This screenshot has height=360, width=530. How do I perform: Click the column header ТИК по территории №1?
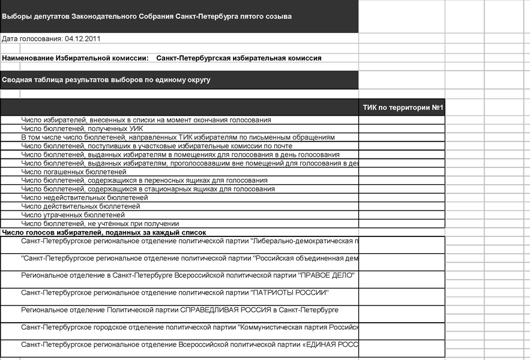(x=402, y=108)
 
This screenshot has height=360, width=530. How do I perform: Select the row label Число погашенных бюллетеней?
(x=74, y=172)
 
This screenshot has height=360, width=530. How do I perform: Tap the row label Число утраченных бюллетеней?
(x=73, y=215)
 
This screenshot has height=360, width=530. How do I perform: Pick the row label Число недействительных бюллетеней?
(x=84, y=197)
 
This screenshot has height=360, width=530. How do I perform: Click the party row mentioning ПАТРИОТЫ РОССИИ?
(x=175, y=293)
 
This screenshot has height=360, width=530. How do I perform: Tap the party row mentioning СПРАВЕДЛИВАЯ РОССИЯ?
(x=179, y=310)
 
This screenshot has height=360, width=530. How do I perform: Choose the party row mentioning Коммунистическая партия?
(x=190, y=328)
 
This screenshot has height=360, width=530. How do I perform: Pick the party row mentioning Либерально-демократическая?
(x=190, y=241)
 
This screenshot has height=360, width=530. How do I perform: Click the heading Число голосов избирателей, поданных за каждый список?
(x=104, y=232)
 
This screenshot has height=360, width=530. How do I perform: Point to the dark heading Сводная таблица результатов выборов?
(x=106, y=79)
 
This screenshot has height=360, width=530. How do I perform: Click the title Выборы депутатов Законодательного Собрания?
(x=147, y=16)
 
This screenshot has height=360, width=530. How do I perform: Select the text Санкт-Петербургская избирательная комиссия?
(x=239, y=58)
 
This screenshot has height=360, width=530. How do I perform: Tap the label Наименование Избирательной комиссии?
(x=75, y=58)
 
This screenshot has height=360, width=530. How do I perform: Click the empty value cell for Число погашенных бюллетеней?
(x=402, y=172)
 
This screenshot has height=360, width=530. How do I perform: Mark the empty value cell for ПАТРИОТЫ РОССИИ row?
(x=402, y=296)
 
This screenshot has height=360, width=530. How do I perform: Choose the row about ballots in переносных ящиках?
(x=144, y=180)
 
